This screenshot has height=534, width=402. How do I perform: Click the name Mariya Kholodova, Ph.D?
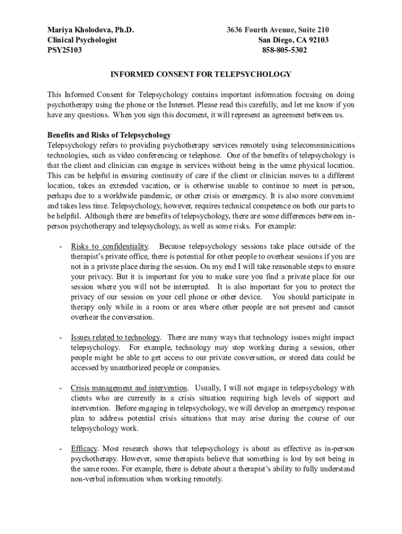(x=91, y=30)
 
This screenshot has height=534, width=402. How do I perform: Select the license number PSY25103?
(x=65, y=51)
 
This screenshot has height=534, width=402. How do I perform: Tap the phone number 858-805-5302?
(x=285, y=51)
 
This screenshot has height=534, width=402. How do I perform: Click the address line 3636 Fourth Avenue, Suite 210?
(x=278, y=30)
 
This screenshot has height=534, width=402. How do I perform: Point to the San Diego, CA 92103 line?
(x=293, y=40)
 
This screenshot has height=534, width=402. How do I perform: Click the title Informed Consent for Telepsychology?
(x=200, y=75)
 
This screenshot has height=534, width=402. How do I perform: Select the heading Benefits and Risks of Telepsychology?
(x=109, y=135)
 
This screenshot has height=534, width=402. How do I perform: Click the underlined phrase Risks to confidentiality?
(x=110, y=246)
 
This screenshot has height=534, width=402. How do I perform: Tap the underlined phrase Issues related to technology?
(x=115, y=337)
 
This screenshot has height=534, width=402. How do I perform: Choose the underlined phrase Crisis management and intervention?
(x=129, y=388)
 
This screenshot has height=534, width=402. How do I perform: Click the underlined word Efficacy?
(x=84, y=448)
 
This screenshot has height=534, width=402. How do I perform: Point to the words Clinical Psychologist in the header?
(x=82, y=40)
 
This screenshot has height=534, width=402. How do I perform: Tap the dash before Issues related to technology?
(x=61, y=337)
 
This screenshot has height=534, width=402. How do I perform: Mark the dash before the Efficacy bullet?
(x=61, y=448)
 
